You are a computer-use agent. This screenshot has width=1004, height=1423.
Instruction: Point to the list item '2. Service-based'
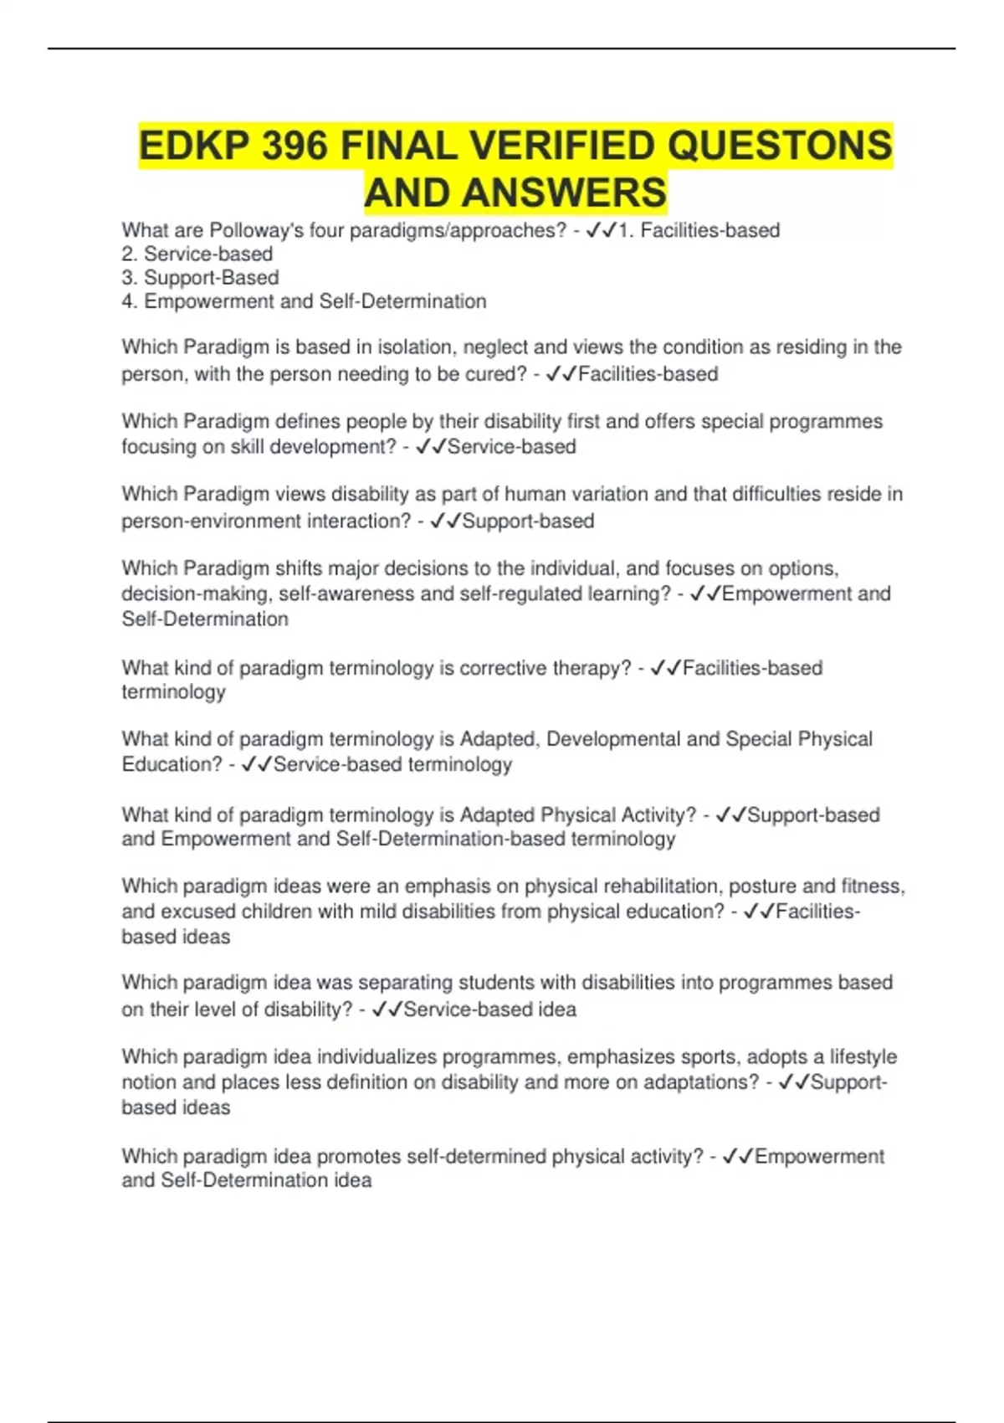point(197,254)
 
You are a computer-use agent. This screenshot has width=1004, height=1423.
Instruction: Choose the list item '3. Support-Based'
point(201,277)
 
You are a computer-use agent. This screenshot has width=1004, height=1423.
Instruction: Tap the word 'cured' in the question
point(494,373)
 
